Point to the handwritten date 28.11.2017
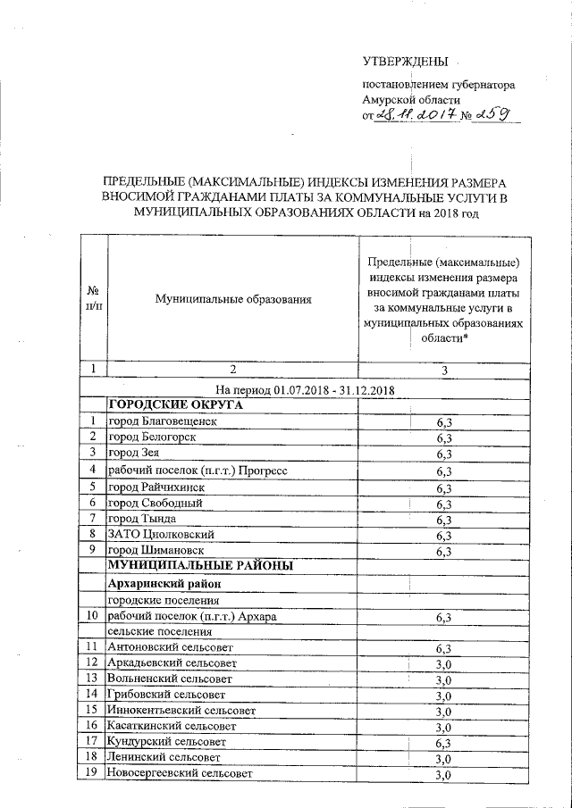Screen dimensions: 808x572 click(416, 115)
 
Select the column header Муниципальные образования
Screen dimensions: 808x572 click(232, 299)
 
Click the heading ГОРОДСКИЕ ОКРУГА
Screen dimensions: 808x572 click(176, 404)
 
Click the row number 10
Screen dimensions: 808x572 click(93, 616)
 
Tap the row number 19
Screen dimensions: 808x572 click(93, 773)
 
